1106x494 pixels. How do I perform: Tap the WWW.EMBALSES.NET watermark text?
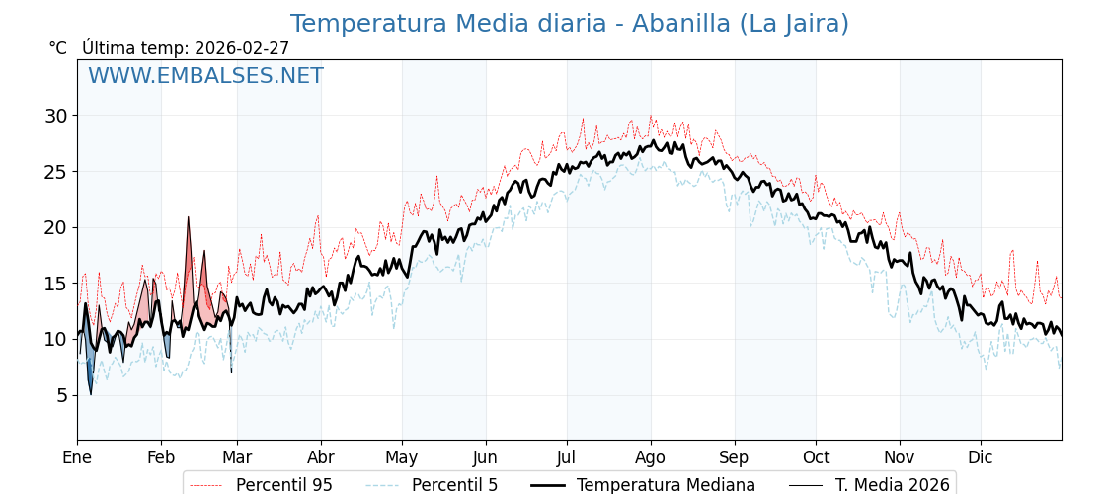(x=205, y=76)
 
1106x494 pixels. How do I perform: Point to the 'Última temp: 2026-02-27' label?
(x=186, y=48)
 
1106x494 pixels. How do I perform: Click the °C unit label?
(x=58, y=48)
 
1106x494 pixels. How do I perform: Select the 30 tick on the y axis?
(x=55, y=116)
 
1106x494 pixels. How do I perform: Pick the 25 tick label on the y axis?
(x=55, y=172)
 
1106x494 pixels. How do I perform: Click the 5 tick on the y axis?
(x=61, y=395)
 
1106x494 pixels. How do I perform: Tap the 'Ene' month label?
(x=77, y=457)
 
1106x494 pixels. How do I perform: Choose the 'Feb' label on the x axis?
(x=161, y=457)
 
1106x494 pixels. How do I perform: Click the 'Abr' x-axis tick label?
(x=321, y=457)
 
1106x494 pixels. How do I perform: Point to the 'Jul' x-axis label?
(x=567, y=457)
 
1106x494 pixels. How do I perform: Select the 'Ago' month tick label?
(x=651, y=457)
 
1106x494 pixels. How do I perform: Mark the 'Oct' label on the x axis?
(x=816, y=457)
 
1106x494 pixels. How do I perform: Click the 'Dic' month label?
(x=981, y=457)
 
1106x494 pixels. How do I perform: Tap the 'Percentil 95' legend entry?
(x=283, y=485)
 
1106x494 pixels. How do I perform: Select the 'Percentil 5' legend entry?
(x=454, y=485)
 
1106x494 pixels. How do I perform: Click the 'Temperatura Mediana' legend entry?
(x=666, y=485)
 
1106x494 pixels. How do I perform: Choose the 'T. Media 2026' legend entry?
(x=892, y=485)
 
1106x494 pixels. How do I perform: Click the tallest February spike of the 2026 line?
(x=189, y=219)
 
